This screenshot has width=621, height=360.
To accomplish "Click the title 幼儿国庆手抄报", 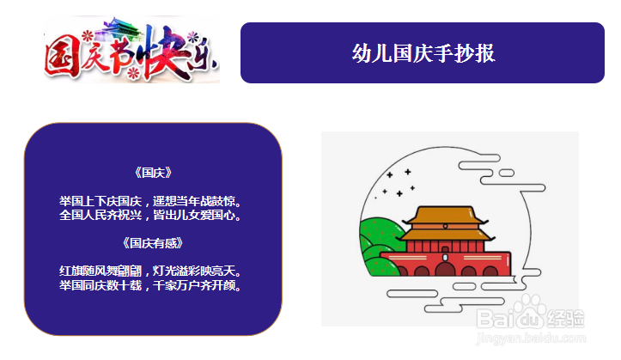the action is (423, 53).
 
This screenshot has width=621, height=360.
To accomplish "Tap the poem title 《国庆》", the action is (153, 173).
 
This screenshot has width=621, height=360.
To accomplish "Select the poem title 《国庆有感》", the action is (153, 243).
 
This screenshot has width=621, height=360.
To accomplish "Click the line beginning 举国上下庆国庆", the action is (150, 201).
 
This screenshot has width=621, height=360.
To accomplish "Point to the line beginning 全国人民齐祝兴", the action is (150, 215).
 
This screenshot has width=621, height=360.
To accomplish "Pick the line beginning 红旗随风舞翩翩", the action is (150, 271).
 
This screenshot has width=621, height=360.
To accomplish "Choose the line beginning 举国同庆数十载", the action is (150, 285).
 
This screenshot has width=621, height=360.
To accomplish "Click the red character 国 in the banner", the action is (61, 58).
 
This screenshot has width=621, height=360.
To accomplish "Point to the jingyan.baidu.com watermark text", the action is (531, 339).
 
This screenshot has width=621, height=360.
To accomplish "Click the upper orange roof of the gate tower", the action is (445, 214).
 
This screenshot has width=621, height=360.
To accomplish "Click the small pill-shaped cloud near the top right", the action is (506, 173).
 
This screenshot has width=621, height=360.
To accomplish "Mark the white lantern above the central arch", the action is (445, 258).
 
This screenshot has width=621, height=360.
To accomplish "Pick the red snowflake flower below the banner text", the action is (134, 73).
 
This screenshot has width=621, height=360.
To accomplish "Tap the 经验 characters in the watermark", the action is (565, 319).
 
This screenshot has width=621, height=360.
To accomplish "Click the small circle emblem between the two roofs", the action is (445, 226).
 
